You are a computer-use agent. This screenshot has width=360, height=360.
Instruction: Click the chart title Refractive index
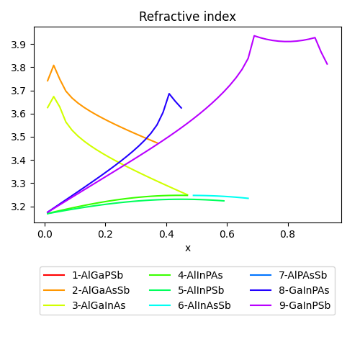point(187,17)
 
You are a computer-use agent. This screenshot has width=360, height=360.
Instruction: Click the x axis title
point(188,248)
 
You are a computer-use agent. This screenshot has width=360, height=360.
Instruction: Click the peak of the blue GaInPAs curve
point(169,94)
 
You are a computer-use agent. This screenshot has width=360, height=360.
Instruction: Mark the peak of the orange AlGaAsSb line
point(53,65)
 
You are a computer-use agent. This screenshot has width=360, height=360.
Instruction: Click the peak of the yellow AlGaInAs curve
point(53,96)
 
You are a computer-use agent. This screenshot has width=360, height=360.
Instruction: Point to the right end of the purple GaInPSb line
point(327,64)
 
